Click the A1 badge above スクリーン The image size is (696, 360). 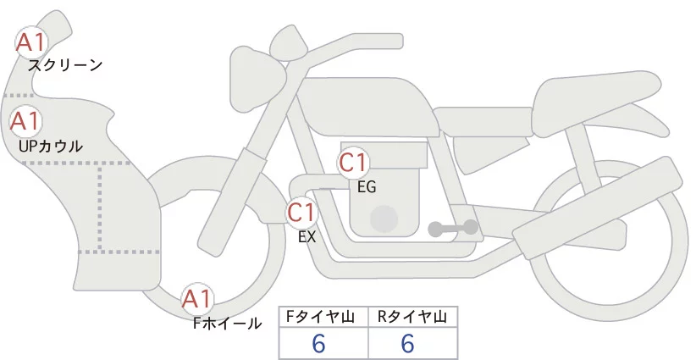pos(32,42)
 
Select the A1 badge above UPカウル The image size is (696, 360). pos(25,121)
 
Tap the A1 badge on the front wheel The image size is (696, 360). pos(198,298)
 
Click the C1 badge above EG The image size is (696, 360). pos(352,162)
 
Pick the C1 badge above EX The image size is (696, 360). pos(301,211)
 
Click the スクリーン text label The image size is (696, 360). pos(64,64)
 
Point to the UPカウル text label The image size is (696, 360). pos(50,146)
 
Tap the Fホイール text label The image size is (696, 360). pos(228,322)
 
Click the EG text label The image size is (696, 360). pos(367,187)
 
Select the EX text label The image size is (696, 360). pos(307,237)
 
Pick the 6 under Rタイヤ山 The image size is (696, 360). pos(407,343)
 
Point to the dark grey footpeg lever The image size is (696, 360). pos(453,228)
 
